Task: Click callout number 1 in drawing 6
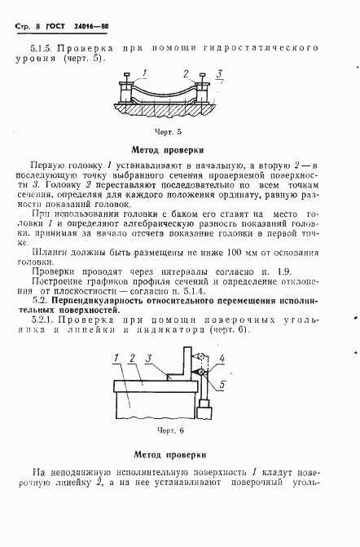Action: click(118, 379)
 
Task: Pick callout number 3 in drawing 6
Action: click(149, 379)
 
